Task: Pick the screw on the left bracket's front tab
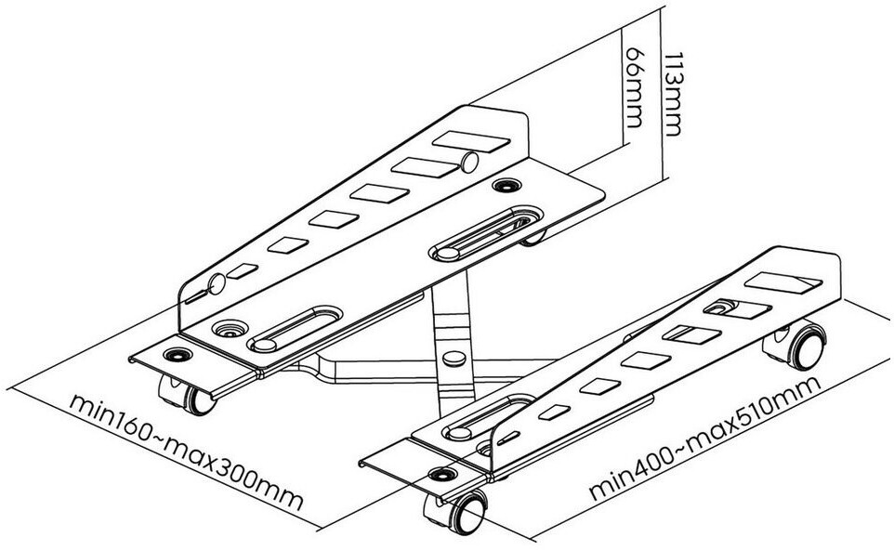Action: click(174, 354)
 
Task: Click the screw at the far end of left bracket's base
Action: click(507, 186)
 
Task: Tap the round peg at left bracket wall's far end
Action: click(469, 164)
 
